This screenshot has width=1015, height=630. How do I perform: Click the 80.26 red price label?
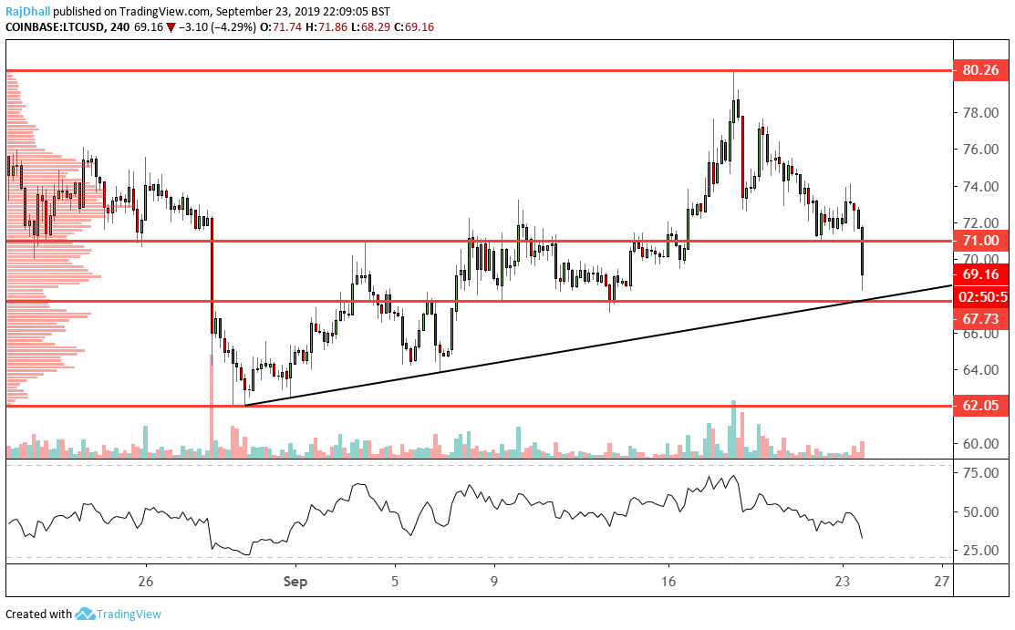(980, 69)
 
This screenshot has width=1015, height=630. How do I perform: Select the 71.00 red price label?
(980, 241)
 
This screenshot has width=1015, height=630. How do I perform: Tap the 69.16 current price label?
(980, 273)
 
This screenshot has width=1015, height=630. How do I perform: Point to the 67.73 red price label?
(980, 318)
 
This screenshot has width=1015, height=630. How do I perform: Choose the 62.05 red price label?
(980, 406)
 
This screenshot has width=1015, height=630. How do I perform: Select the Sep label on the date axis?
(295, 580)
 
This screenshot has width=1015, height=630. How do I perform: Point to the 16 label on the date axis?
(668, 580)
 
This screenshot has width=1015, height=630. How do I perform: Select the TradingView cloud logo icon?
(86, 614)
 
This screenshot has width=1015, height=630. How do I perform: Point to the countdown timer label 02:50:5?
(982, 296)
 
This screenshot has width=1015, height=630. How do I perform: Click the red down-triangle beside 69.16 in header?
(171, 28)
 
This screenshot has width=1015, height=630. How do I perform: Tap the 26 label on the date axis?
(145, 580)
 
